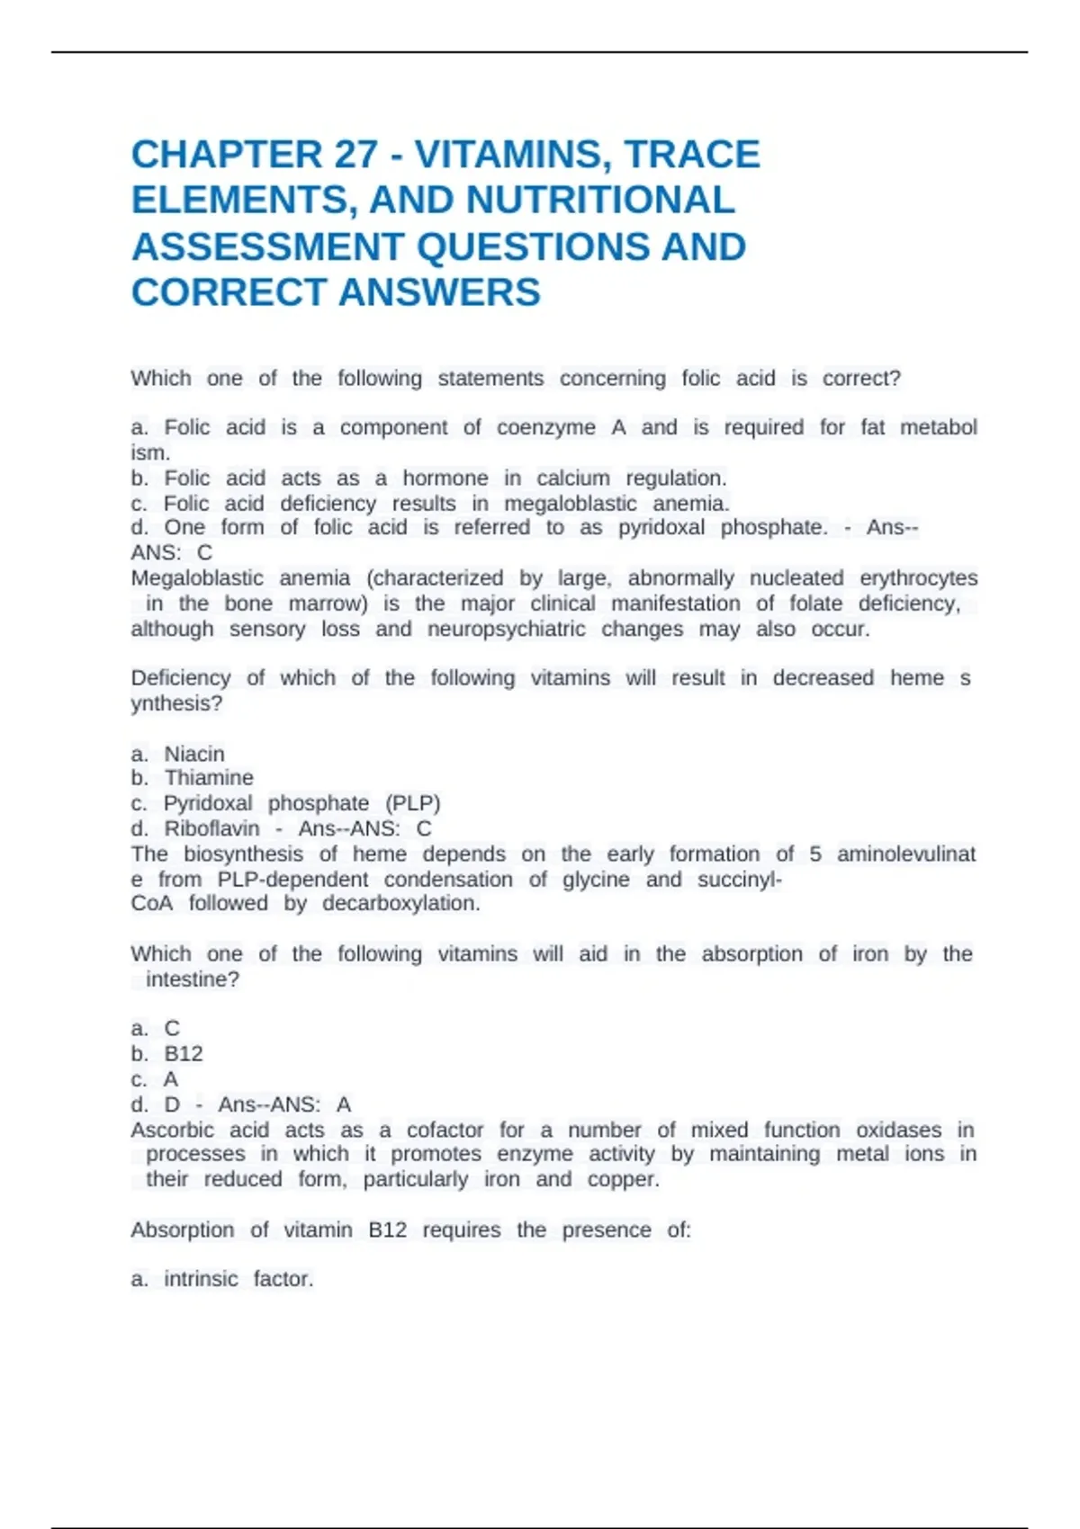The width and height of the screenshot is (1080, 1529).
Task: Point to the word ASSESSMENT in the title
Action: (x=267, y=247)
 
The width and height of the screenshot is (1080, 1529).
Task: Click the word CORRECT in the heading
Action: (x=228, y=293)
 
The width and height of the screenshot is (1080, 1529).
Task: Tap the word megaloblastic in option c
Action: (x=570, y=504)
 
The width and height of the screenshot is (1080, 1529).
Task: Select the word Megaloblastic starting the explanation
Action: (x=197, y=578)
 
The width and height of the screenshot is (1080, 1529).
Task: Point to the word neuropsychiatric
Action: (x=506, y=630)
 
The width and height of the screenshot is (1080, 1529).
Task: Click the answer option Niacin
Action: (x=194, y=754)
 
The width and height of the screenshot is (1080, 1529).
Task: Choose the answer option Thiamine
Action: (x=209, y=778)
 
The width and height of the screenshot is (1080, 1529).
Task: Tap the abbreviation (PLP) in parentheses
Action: (x=413, y=803)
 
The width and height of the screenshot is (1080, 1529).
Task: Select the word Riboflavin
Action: (x=211, y=828)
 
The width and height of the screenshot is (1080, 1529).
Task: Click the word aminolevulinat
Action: (x=906, y=854)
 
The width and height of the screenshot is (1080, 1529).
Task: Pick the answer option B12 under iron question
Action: (x=184, y=1054)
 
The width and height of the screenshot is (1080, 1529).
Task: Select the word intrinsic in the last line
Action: (x=200, y=1279)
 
